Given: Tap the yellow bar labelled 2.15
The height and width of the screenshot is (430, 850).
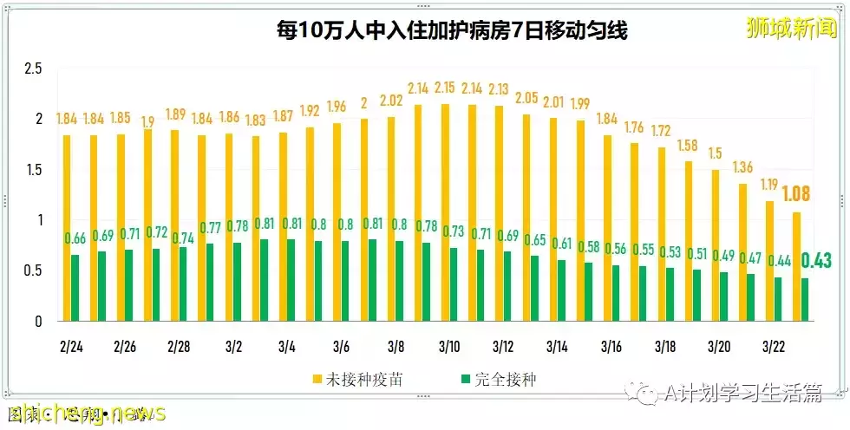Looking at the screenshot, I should point(446,212).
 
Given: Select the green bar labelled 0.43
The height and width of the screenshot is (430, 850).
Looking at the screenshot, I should point(806,299).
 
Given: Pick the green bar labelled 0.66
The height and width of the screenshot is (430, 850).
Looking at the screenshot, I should point(75,287).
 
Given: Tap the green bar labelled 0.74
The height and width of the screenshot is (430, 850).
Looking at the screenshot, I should point(183,283).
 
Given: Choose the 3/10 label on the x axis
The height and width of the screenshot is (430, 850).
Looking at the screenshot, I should point(448,346).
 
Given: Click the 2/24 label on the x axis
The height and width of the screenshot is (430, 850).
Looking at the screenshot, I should point(72,346).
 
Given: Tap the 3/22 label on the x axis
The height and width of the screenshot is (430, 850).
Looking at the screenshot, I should point(773,346).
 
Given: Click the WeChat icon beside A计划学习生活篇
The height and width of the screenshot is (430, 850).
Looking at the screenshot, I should point(645,394).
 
